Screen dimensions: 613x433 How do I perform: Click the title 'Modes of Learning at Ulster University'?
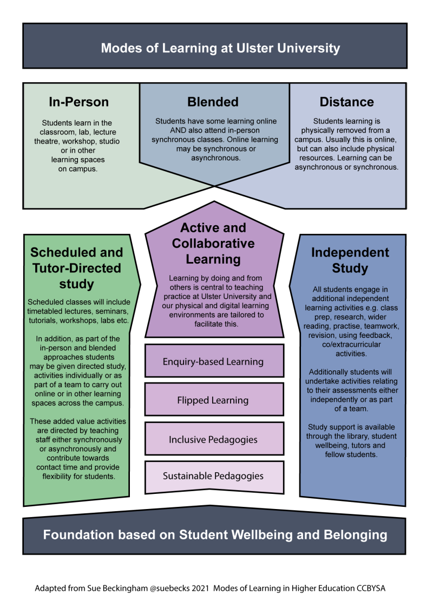tap(220, 48)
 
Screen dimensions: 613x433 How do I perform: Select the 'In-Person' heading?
tap(78, 102)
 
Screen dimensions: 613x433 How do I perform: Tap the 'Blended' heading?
tap(213, 102)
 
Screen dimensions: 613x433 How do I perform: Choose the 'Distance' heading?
tap(346, 102)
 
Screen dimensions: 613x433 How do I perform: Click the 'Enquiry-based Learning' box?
tap(213, 361)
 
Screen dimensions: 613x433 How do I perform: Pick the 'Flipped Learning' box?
tap(213, 400)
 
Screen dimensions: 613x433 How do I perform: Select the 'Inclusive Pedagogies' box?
tap(213, 439)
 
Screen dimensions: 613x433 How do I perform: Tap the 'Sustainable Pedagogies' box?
tap(213, 477)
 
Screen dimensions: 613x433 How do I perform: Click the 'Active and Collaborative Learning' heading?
tap(213, 243)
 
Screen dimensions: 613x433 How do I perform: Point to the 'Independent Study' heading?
tap(350, 260)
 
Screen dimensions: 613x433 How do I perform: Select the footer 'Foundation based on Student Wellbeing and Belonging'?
tap(215, 535)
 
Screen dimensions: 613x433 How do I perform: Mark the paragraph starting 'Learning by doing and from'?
tap(213, 301)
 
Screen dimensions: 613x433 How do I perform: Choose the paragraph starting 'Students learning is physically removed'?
tap(346, 145)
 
